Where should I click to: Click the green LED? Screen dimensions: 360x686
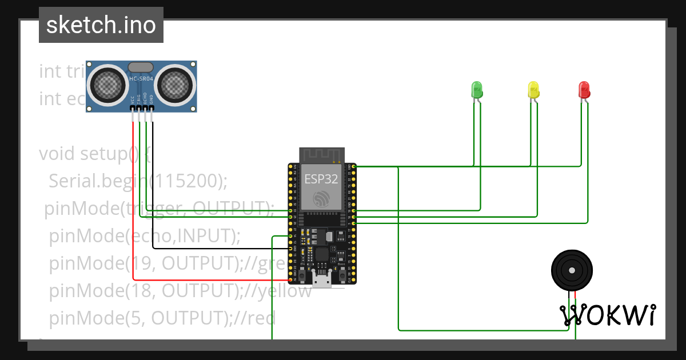[477, 89]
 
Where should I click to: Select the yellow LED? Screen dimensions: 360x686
[533, 89]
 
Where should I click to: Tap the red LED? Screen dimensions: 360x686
[584, 89]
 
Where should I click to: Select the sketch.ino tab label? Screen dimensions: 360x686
[101, 25]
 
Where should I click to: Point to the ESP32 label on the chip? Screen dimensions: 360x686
[321, 179]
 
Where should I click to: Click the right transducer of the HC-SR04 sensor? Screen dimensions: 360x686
[174, 85]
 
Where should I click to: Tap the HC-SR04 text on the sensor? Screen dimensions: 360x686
[141, 78]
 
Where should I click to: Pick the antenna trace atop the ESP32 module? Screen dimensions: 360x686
[321, 154]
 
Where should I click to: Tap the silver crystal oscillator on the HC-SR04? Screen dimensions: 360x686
[141, 67]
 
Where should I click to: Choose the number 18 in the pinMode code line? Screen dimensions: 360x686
[143, 291]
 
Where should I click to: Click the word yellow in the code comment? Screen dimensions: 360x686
[285, 291]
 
